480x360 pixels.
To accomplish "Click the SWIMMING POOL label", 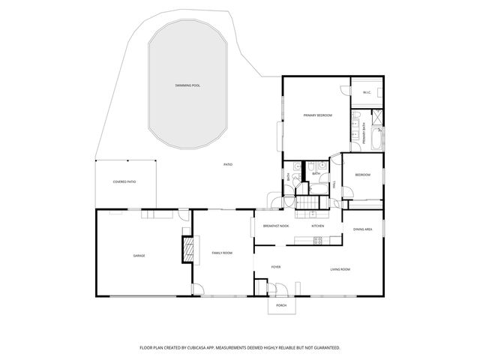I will click(187, 85).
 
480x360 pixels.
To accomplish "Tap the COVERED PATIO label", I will click(124, 182).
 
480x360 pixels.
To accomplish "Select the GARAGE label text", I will click(139, 256).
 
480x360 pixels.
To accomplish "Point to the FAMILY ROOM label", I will click(222, 253).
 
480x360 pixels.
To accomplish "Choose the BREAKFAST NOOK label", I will click(276, 226).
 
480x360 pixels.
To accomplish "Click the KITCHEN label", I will click(318, 226).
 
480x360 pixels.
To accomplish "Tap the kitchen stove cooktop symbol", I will click(316, 241).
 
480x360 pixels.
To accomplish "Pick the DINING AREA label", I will click(363, 229).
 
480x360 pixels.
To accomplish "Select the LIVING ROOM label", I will click(340, 268).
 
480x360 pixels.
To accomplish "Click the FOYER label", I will click(276, 266).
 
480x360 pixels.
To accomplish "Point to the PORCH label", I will click(281, 306).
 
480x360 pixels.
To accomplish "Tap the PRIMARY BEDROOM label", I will click(317, 115).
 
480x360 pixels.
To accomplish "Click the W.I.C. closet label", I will click(367, 93).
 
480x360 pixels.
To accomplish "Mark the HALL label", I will click(334, 184).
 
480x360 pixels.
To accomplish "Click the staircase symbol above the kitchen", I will click(307, 205).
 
